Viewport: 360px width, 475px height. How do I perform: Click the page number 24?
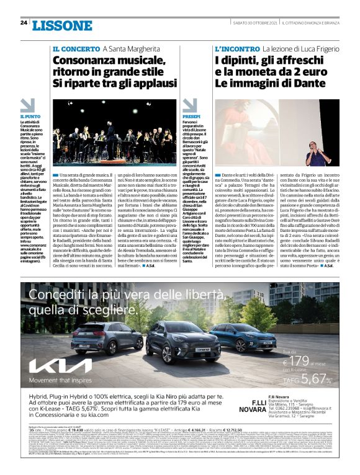(x=23, y=23)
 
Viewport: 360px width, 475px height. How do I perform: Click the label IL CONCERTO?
(x=76, y=48)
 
